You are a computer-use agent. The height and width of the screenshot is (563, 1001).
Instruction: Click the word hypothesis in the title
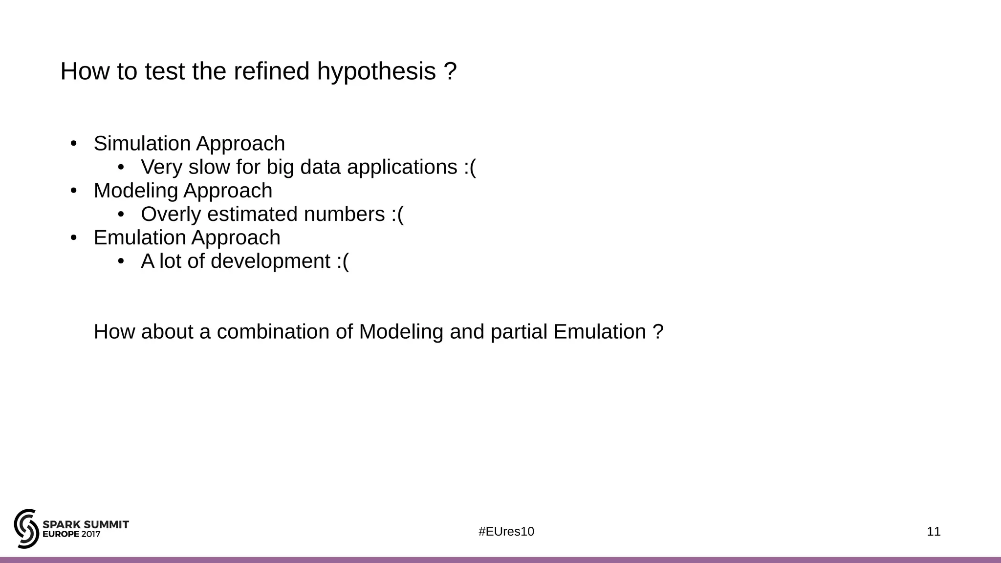coord(376,71)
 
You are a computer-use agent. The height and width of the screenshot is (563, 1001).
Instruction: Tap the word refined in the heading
coord(271,71)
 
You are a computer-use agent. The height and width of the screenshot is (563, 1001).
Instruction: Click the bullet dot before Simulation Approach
coord(74,144)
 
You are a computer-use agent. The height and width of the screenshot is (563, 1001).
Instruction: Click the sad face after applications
coord(470,167)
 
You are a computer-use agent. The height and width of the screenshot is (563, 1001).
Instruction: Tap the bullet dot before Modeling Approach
coord(74,191)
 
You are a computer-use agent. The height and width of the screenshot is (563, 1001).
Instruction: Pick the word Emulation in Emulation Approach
coord(140,238)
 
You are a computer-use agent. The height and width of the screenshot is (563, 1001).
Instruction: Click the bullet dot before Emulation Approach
coord(74,238)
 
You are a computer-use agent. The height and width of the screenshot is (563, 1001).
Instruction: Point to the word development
coord(270,261)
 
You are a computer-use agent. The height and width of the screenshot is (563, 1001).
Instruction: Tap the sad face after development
coord(343,261)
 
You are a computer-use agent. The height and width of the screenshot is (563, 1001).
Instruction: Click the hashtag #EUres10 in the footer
coord(506,532)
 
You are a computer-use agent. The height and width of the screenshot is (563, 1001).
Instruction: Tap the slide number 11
coord(934,532)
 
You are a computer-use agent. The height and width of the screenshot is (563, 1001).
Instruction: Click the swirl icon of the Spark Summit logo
coord(26,528)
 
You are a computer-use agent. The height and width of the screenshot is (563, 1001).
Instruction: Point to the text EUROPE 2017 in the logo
coord(71,535)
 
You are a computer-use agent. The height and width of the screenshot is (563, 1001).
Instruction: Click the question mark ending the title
coord(451,71)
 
